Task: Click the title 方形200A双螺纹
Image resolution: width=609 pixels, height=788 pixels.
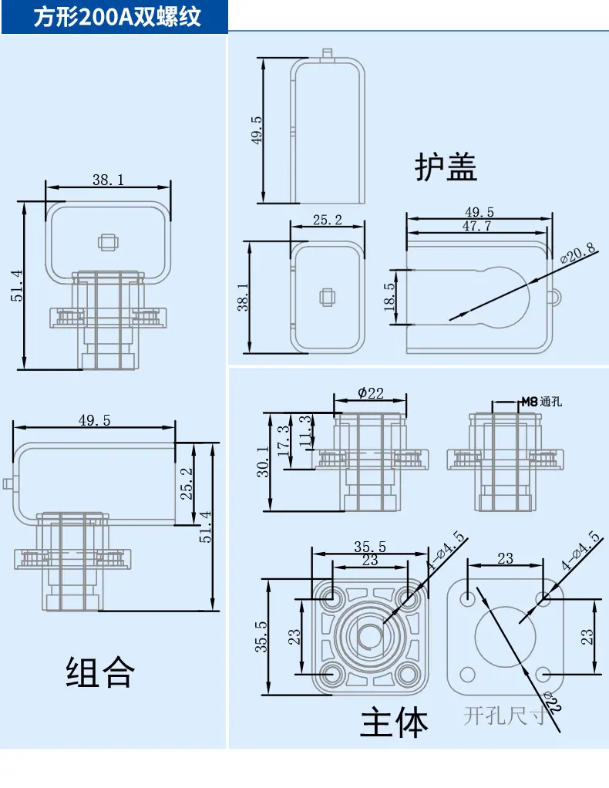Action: (x=117, y=17)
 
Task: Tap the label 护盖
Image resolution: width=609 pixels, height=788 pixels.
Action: (x=446, y=167)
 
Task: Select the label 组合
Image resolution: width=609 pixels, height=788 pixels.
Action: (x=100, y=672)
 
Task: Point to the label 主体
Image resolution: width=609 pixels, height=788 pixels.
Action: (x=394, y=722)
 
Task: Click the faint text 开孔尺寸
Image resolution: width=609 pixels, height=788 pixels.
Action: (x=505, y=716)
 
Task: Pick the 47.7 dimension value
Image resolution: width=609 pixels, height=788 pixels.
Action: (x=477, y=226)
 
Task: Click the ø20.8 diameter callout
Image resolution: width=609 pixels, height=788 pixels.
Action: (x=578, y=253)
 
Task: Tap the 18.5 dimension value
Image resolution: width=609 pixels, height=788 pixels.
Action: (x=389, y=297)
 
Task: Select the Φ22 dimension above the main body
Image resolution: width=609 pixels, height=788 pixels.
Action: (x=370, y=393)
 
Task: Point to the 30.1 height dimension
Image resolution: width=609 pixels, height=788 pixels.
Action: (x=264, y=462)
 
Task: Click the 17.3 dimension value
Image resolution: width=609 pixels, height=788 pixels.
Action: (x=284, y=441)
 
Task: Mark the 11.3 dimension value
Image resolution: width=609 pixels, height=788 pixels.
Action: (x=305, y=431)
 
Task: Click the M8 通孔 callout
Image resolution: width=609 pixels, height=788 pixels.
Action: (x=542, y=402)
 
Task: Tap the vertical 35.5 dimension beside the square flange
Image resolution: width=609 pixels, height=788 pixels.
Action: (x=261, y=637)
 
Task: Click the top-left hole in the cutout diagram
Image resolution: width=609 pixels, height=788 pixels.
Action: (x=468, y=598)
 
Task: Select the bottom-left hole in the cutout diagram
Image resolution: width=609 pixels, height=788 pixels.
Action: (x=468, y=675)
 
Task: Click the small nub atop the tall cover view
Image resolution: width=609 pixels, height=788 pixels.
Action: (x=327, y=53)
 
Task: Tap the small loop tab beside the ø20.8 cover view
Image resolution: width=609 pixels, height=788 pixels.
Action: (x=555, y=298)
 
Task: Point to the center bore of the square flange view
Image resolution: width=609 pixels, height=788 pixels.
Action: (x=370, y=636)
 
